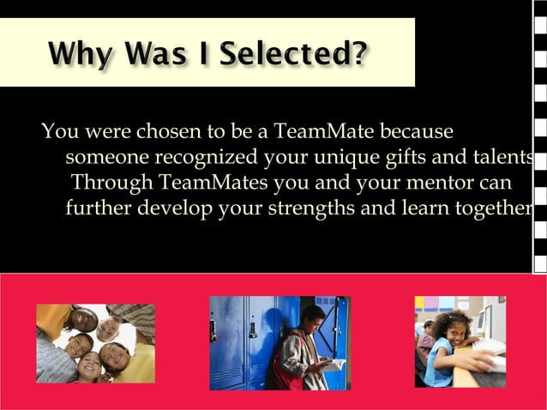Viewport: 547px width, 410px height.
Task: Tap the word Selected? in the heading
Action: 295,55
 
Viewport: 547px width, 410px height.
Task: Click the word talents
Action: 502,159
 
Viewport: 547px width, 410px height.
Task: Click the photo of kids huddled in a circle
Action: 95,343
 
